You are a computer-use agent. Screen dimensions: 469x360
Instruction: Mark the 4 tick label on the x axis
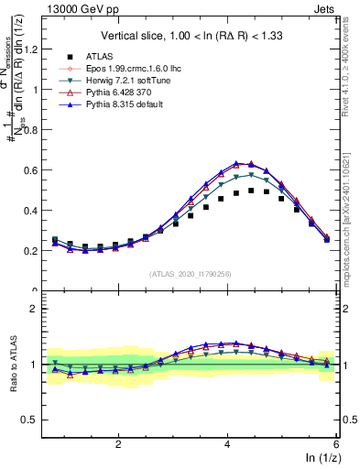tap(227, 443)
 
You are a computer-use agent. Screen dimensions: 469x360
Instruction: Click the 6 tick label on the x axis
tap(336, 443)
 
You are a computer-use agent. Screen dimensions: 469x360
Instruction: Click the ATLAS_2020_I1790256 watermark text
tap(191, 274)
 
